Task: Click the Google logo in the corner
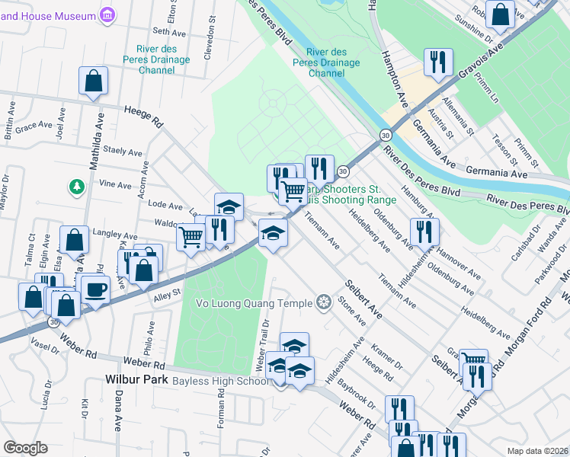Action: pyautogui.click(x=25, y=448)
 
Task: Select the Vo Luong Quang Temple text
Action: pyautogui.click(x=255, y=303)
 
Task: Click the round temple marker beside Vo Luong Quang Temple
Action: pyautogui.click(x=324, y=303)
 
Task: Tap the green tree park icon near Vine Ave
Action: pyautogui.click(x=75, y=186)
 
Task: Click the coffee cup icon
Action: pyautogui.click(x=96, y=290)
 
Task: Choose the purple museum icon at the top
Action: pyautogui.click(x=107, y=15)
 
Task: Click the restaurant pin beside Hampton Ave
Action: pyautogui.click(x=438, y=62)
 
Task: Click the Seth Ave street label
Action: pyautogui.click(x=169, y=32)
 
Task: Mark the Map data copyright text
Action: pyautogui.click(x=537, y=451)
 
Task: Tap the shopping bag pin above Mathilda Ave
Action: pyautogui.click(x=93, y=81)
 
